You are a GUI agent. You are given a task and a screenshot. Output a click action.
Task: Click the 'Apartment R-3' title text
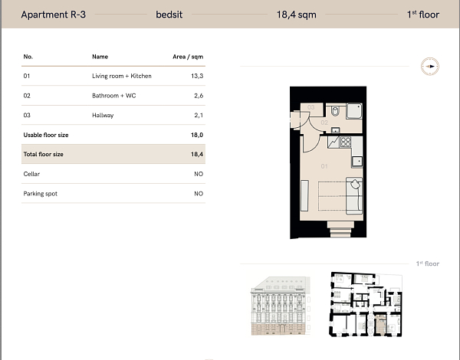tap(53, 14)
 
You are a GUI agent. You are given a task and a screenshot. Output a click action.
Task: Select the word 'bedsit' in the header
tap(169, 14)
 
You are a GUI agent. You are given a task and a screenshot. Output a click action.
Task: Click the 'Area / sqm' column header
tap(188, 57)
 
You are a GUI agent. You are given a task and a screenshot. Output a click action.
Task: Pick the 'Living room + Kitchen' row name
tap(122, 77)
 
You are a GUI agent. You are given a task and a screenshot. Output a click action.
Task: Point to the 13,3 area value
tap(197, 77)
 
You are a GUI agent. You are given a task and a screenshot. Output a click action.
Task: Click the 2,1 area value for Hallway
tap(198, 116)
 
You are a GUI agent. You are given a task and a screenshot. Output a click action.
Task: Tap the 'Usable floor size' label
tap(46, 135)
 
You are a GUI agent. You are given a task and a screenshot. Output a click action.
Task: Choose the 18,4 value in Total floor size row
tap(196, 155)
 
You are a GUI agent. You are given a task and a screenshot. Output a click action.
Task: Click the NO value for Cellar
tap(198, 175)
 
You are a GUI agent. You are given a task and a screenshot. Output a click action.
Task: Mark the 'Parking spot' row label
tap(41, 194)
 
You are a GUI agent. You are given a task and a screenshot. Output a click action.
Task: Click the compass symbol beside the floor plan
tap(431, 67)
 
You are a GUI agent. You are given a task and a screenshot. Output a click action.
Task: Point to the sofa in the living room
tap(354, 196)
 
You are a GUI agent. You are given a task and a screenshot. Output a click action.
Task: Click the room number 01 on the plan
tap(324, 165)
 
